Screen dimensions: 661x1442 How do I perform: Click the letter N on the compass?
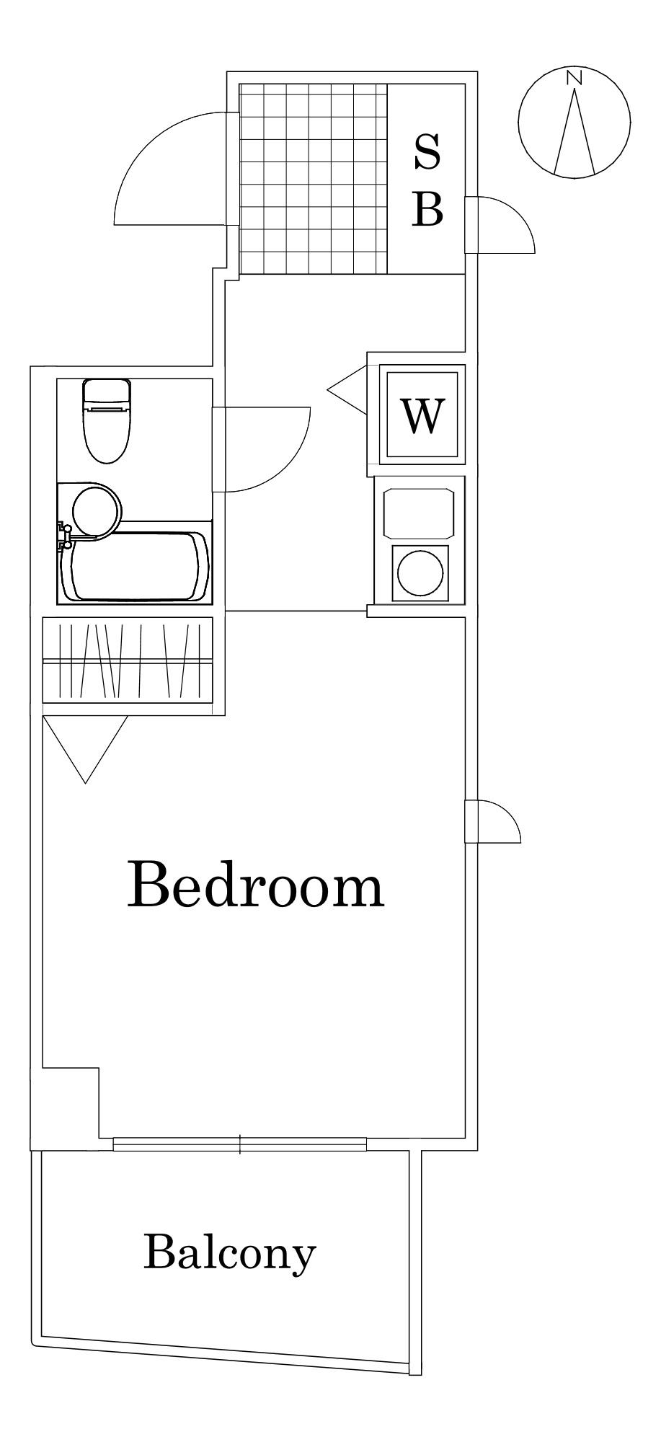pos(574,78)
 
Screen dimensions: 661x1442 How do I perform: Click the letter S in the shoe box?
pos(427,152)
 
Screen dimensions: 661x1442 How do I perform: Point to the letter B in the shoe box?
pos(427,208)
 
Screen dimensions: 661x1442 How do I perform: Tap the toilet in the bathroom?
pos(107,420)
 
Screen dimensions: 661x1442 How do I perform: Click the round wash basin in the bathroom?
pos(97,510)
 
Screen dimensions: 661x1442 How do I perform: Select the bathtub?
pos(136,566)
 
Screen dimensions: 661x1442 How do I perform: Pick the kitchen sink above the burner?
pos(420,513)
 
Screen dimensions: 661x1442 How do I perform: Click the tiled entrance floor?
pos(314,179)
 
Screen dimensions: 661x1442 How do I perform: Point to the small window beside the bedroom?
pos(492,820)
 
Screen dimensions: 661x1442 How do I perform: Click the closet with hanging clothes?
pos(128,659)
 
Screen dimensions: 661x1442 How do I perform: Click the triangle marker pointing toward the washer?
pos(347,390)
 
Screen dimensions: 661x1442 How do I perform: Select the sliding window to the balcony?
pos(240,1144)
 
